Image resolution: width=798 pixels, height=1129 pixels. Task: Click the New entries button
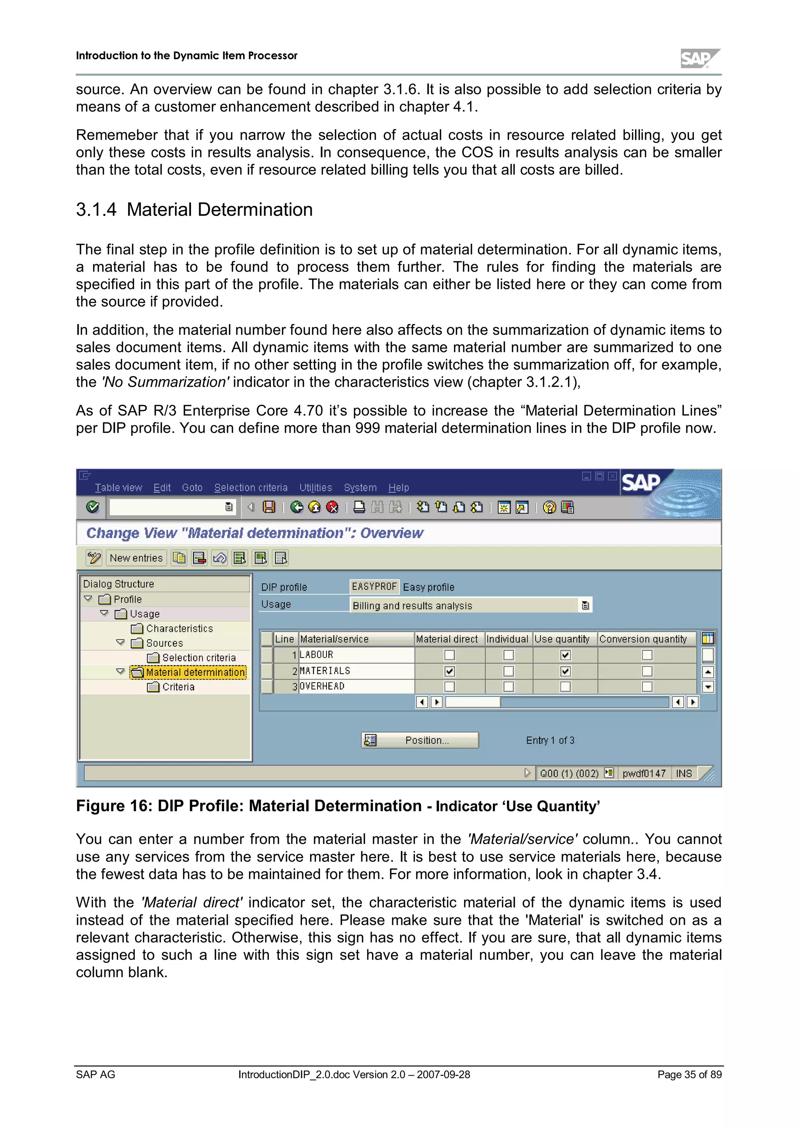pyautogui.click(x=136, y=558)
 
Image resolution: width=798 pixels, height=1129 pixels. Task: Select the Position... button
pyautogui.click(x=420, y=740)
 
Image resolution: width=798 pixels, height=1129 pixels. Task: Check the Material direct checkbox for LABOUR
pyautogui.click(x=449, y=655)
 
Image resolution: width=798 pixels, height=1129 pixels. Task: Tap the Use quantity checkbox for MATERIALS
pyautogui.click(x=565, y=671)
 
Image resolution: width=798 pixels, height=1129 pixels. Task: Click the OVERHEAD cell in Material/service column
pyautogui.click(x=356, y=686)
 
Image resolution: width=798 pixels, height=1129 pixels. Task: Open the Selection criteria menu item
pyautogui.click(x=251, y=488)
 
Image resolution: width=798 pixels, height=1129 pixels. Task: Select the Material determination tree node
pyautogui.click(x=195, y=672)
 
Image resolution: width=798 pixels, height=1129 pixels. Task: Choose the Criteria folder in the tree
pyautogui.click(x=178, y=687)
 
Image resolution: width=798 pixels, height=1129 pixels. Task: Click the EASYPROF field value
pyautogui.click(x=374, y=587)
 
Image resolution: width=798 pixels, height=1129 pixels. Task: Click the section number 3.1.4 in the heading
pyautogui.click(x=96, y=210)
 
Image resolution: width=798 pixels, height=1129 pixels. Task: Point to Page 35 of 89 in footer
pyautogui.click(x=689, y=1074)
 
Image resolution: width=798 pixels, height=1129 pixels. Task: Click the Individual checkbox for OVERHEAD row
pyautogui.click(x=508, y=686)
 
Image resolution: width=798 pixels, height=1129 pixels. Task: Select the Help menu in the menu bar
pyautogui.click(x=398, y=488)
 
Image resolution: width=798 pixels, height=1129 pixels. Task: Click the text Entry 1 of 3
pyautogui.click(x=550, y=740)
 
